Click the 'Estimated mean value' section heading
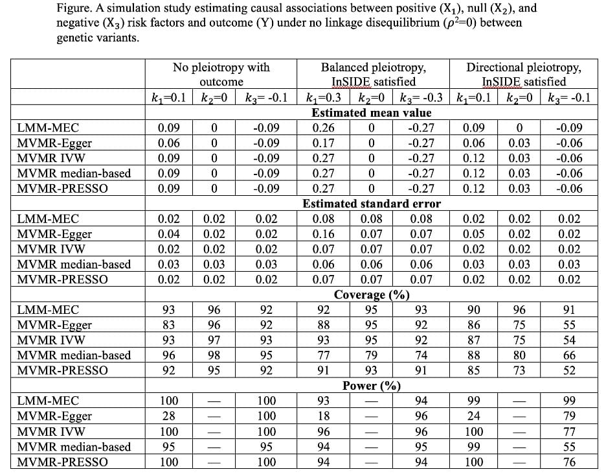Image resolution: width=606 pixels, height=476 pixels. coord(371,113)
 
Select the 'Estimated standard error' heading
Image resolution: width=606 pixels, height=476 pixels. coord(371,204)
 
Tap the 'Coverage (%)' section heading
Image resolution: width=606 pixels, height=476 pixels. coord(371,295)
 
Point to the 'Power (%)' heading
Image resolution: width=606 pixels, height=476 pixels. coord(371,386)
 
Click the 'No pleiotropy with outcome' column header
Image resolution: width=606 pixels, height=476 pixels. coord(221,75)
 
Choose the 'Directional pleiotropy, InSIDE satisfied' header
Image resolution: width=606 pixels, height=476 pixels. coord(524,75)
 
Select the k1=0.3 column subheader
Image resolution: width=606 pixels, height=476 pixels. coord(326,99)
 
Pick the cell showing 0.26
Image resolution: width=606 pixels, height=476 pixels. coord(324,128)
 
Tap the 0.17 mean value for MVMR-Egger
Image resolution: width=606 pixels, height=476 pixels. coord(324,143)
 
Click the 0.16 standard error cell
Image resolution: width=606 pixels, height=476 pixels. coord(324,234)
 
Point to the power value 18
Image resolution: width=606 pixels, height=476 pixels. coord(324,416)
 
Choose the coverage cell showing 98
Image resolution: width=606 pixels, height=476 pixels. coord(214,355)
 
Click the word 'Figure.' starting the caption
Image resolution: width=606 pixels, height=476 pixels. coord(74,8)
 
